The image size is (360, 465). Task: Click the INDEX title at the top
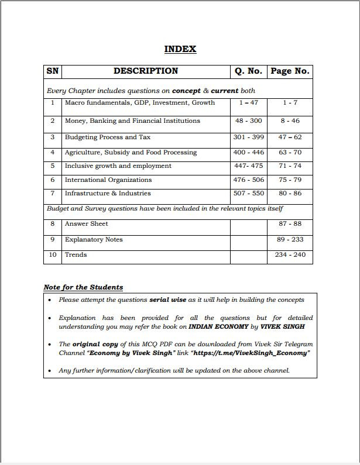click(180, 49)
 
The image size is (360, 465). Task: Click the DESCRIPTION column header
click(146, 71)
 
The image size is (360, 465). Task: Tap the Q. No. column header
click(248, 71)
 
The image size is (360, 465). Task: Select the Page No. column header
click(289, 71)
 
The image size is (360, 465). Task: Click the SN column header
click(52, 71)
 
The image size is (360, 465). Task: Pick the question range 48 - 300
click(248, 121)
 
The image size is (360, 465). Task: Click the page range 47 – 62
click(290, 137)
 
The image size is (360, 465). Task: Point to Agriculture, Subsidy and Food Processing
click(131, 153)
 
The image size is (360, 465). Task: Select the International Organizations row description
click(108, 180)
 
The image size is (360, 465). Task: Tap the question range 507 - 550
click(248, 194)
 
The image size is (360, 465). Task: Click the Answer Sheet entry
click(87, 224)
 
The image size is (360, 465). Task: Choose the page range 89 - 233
click(290, 240)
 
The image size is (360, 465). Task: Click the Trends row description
click(76, 255)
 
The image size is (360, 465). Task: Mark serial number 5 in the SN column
click(52, 166)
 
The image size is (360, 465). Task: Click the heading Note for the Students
click(83, 287)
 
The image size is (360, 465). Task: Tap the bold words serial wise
click(168, 300)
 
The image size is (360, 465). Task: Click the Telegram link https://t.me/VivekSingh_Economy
click(248, 353)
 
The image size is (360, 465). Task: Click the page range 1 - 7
click(290, 103)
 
